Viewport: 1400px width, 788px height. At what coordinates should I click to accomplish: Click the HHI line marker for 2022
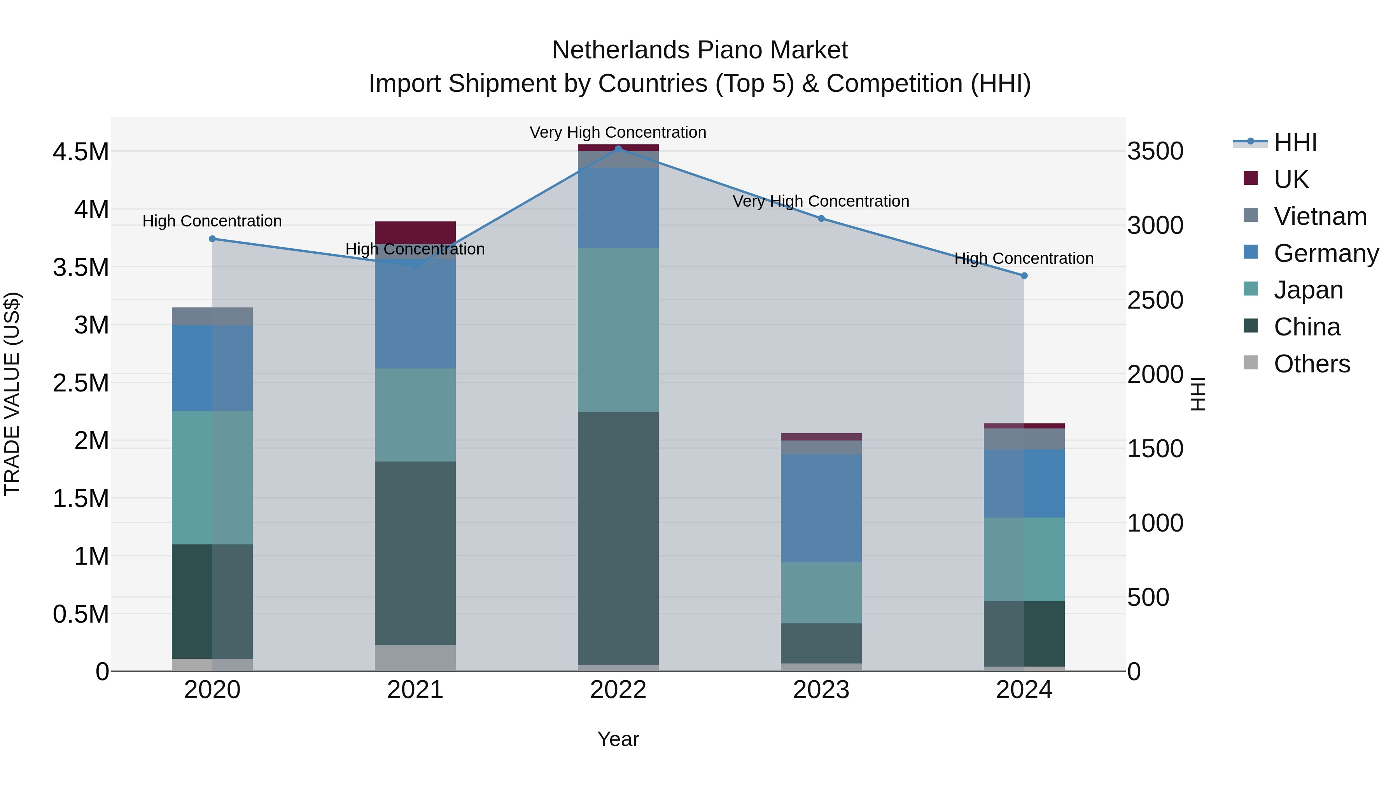(618, 149)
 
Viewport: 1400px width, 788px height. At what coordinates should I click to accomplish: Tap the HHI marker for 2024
(1024, 276)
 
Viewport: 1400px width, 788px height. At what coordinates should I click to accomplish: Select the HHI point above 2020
(212, 239)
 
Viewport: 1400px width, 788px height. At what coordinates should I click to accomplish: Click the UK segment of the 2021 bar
(415, 232)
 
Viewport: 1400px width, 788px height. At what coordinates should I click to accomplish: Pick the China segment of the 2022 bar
(618, 539)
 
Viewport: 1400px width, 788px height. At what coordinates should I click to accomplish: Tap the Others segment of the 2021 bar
(415, 658)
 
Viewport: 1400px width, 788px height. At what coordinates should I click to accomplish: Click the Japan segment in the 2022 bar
(618, 330)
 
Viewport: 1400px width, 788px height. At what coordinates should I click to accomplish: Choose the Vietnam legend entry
(1319, 216)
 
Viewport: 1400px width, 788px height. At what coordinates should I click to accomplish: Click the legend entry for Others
(1311, 364)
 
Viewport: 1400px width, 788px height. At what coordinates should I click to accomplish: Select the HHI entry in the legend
(1295, 142)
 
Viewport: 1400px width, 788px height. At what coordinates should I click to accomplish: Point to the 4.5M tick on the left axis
(80, 152)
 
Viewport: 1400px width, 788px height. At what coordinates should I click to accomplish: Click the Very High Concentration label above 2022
(618, 132)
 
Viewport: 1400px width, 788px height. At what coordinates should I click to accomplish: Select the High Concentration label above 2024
(1024, 258)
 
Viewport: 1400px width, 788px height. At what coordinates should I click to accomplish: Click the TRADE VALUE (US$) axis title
(12, 394)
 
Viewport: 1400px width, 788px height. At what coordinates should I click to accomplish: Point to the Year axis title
(618, 739)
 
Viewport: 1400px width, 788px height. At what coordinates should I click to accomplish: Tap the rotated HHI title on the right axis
(1198, 394)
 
